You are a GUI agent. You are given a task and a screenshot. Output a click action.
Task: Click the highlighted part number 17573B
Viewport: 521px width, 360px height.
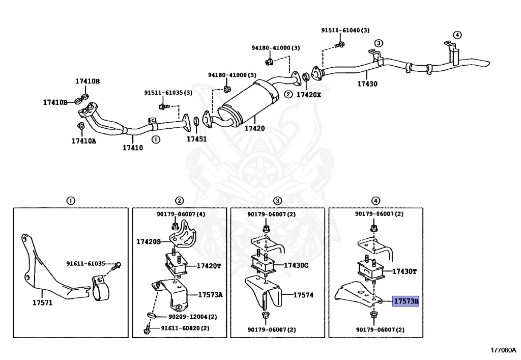pos(406,301)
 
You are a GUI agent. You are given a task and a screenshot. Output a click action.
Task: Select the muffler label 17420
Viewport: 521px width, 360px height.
pos(254,128)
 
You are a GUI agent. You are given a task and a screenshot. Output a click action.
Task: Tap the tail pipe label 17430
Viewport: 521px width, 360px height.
pos(367,84)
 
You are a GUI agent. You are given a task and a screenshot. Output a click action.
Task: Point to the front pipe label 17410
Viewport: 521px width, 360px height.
pos(132,148)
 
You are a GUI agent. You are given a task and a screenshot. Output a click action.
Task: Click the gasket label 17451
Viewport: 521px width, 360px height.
pos(196,138)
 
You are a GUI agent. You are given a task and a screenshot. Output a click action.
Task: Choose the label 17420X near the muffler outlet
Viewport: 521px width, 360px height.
pos(309,95)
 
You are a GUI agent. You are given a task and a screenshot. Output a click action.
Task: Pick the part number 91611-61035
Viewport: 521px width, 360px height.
pos(85,264)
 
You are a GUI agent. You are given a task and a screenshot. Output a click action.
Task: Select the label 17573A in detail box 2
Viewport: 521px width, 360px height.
pos(210,295)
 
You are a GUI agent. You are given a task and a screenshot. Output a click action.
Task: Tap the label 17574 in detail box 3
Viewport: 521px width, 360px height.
pos(303,294)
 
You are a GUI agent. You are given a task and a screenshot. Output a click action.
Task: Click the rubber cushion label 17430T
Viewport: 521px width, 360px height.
pos(404,271)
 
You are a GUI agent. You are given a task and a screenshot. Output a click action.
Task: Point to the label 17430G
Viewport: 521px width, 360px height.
pos(297,265)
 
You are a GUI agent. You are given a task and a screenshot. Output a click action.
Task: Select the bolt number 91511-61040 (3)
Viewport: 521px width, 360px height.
pos(345,31)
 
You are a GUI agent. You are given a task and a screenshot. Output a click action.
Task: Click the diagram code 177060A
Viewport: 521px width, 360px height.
pos(503,350)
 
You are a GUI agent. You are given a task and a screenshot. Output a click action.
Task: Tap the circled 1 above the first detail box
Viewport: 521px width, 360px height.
pos(71,201)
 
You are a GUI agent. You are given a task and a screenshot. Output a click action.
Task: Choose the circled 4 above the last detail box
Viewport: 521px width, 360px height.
pos(375,201)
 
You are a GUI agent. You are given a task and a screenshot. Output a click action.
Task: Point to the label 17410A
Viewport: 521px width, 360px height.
pos(83,141)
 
